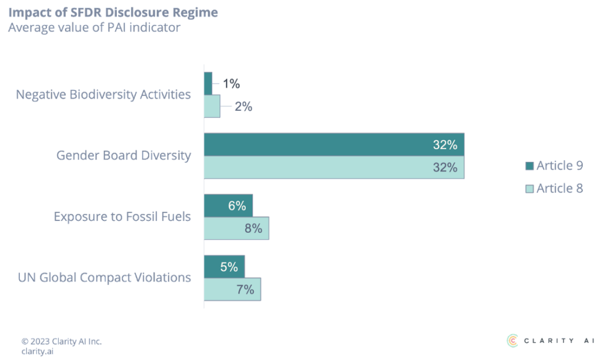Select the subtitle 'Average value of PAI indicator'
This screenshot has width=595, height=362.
coord(94,28)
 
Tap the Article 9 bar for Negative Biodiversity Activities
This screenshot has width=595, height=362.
coord(209,83)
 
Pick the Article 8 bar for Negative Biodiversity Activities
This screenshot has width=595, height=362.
coord(212,106)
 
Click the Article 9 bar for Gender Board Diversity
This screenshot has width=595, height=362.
coord(334,144)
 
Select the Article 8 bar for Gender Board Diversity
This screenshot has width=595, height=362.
coord(334,168)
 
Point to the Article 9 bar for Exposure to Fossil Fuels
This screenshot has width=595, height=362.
coord(228,205)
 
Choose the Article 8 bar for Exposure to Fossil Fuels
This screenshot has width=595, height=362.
coord(236,228)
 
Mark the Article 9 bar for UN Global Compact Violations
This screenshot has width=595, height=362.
coord(224,266)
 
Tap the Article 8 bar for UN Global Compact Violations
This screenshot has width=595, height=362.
coord(232,289)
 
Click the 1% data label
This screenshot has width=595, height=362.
coord(231,84)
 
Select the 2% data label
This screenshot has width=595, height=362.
coord(243,107)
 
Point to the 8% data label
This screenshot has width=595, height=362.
coord(253,229)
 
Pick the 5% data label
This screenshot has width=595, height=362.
coord(229,267)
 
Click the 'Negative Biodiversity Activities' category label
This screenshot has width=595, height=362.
coord(103,95)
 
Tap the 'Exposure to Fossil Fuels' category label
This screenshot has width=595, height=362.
coord(122,216)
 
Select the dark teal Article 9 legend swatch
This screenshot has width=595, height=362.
coord(529,166)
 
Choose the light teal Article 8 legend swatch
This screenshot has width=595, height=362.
coord(529,189)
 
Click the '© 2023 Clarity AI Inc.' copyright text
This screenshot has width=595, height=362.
coord(61,341)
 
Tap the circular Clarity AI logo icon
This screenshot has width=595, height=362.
coord(512,341)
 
